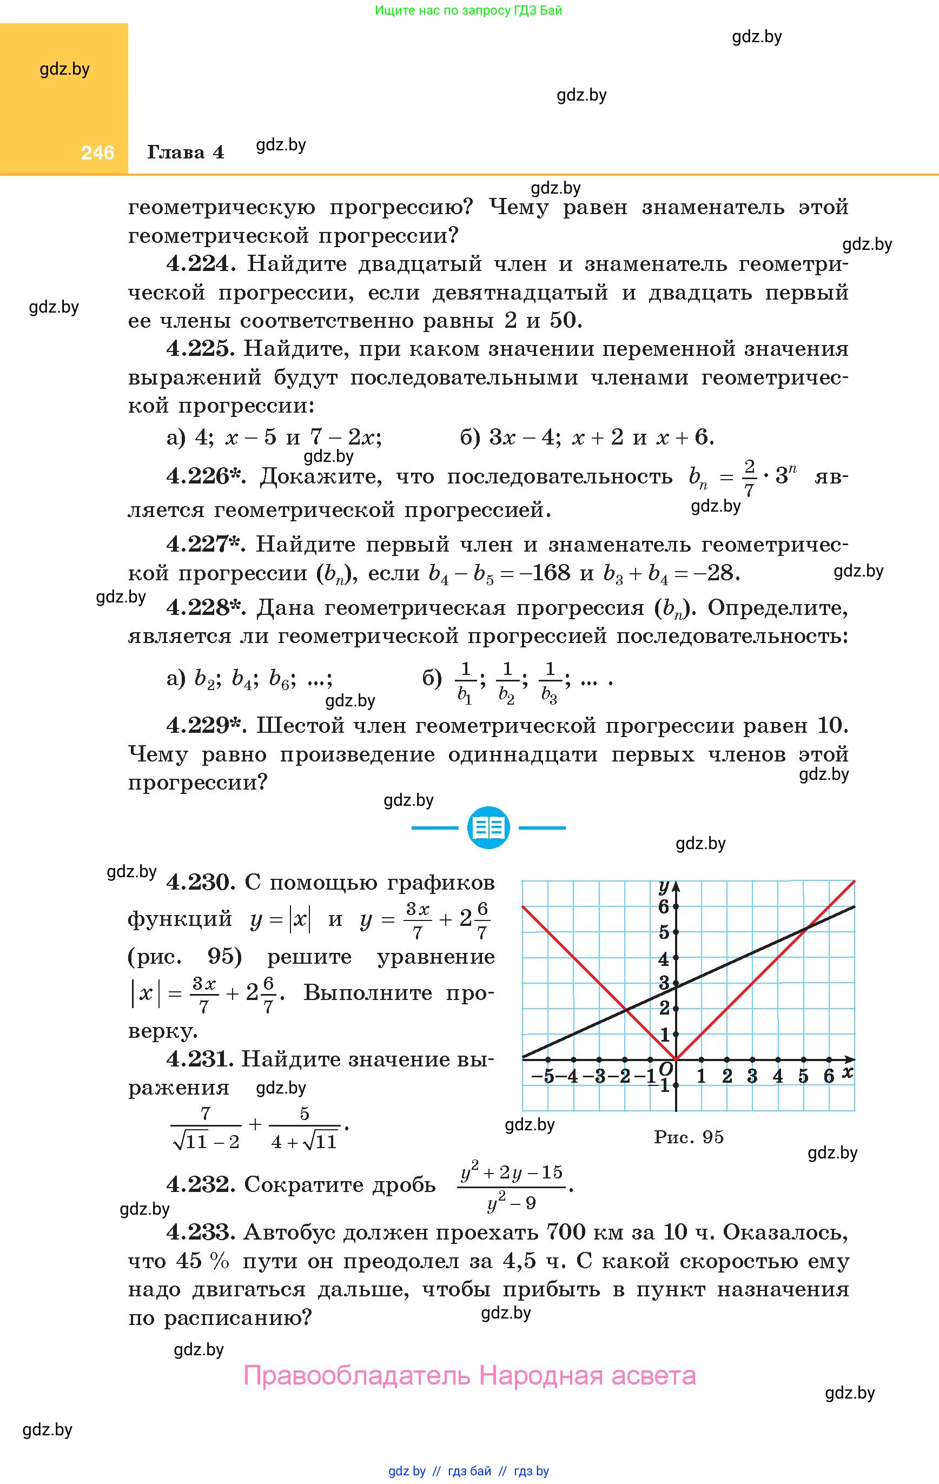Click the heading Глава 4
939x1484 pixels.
[x=185, y=152]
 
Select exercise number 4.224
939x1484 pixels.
[x=201, y=264]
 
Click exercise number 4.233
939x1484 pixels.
[x=201, y=1233]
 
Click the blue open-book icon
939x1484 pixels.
[x=488, y=827]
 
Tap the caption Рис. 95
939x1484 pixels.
[x=688, y=1136]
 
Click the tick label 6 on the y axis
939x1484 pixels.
[x=663, y=906]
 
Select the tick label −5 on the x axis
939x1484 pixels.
[x=543, y=1076]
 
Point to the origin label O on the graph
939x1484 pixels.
[x=665, y=1068]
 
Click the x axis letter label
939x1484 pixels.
[x=848, y=1072]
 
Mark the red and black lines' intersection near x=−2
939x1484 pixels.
[x=625, y=1009]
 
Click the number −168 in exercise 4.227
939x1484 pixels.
[x=544, y=573]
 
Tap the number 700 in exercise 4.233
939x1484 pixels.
[x=566, y=1233]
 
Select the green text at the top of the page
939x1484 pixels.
[x=468, y=10]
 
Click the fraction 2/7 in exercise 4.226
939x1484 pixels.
[x=749, y=478]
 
